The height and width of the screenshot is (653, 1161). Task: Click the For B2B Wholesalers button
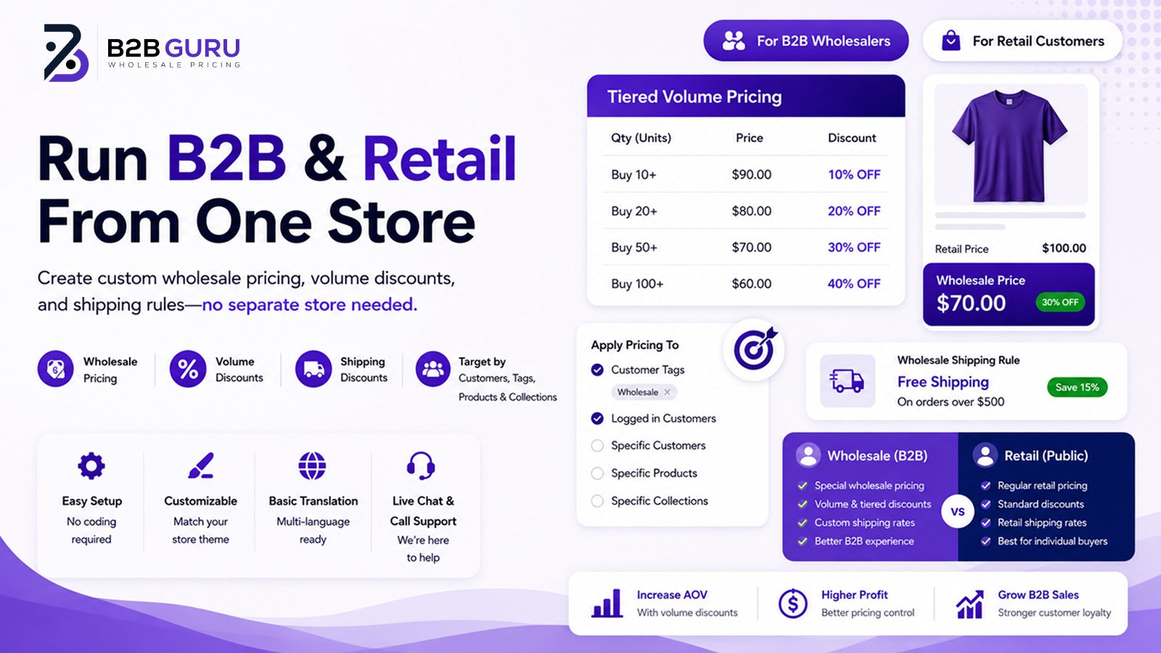[806, 41]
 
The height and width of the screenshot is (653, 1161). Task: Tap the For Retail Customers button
[1022, 41]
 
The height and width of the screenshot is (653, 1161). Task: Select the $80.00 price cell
[752, 211]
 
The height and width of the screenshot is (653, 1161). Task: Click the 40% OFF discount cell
[854, 284]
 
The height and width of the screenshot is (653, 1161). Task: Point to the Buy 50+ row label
[634, 247]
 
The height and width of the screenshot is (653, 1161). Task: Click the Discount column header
[852, 138]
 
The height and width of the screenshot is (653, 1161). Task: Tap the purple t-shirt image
[1009, 145]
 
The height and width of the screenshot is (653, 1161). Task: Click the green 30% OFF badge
[1060, 302]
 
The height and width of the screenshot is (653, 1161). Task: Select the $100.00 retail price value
[1064, 248]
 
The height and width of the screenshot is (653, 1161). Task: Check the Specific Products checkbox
[598, 473]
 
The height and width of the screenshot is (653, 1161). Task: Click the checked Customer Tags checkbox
[598, 369]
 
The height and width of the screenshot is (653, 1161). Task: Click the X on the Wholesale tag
[667, 393]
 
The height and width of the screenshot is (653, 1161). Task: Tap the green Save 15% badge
[1077, 387]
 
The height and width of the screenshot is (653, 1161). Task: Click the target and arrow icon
[755, 349]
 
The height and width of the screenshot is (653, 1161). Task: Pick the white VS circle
[958, 512]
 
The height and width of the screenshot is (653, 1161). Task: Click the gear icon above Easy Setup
[91, 465]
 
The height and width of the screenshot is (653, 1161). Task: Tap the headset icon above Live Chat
[421, 465]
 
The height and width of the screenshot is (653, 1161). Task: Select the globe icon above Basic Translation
[313, 465]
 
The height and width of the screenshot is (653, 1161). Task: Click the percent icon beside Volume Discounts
[188, 369]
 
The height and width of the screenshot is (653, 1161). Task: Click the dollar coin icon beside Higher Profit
[792, 603]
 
